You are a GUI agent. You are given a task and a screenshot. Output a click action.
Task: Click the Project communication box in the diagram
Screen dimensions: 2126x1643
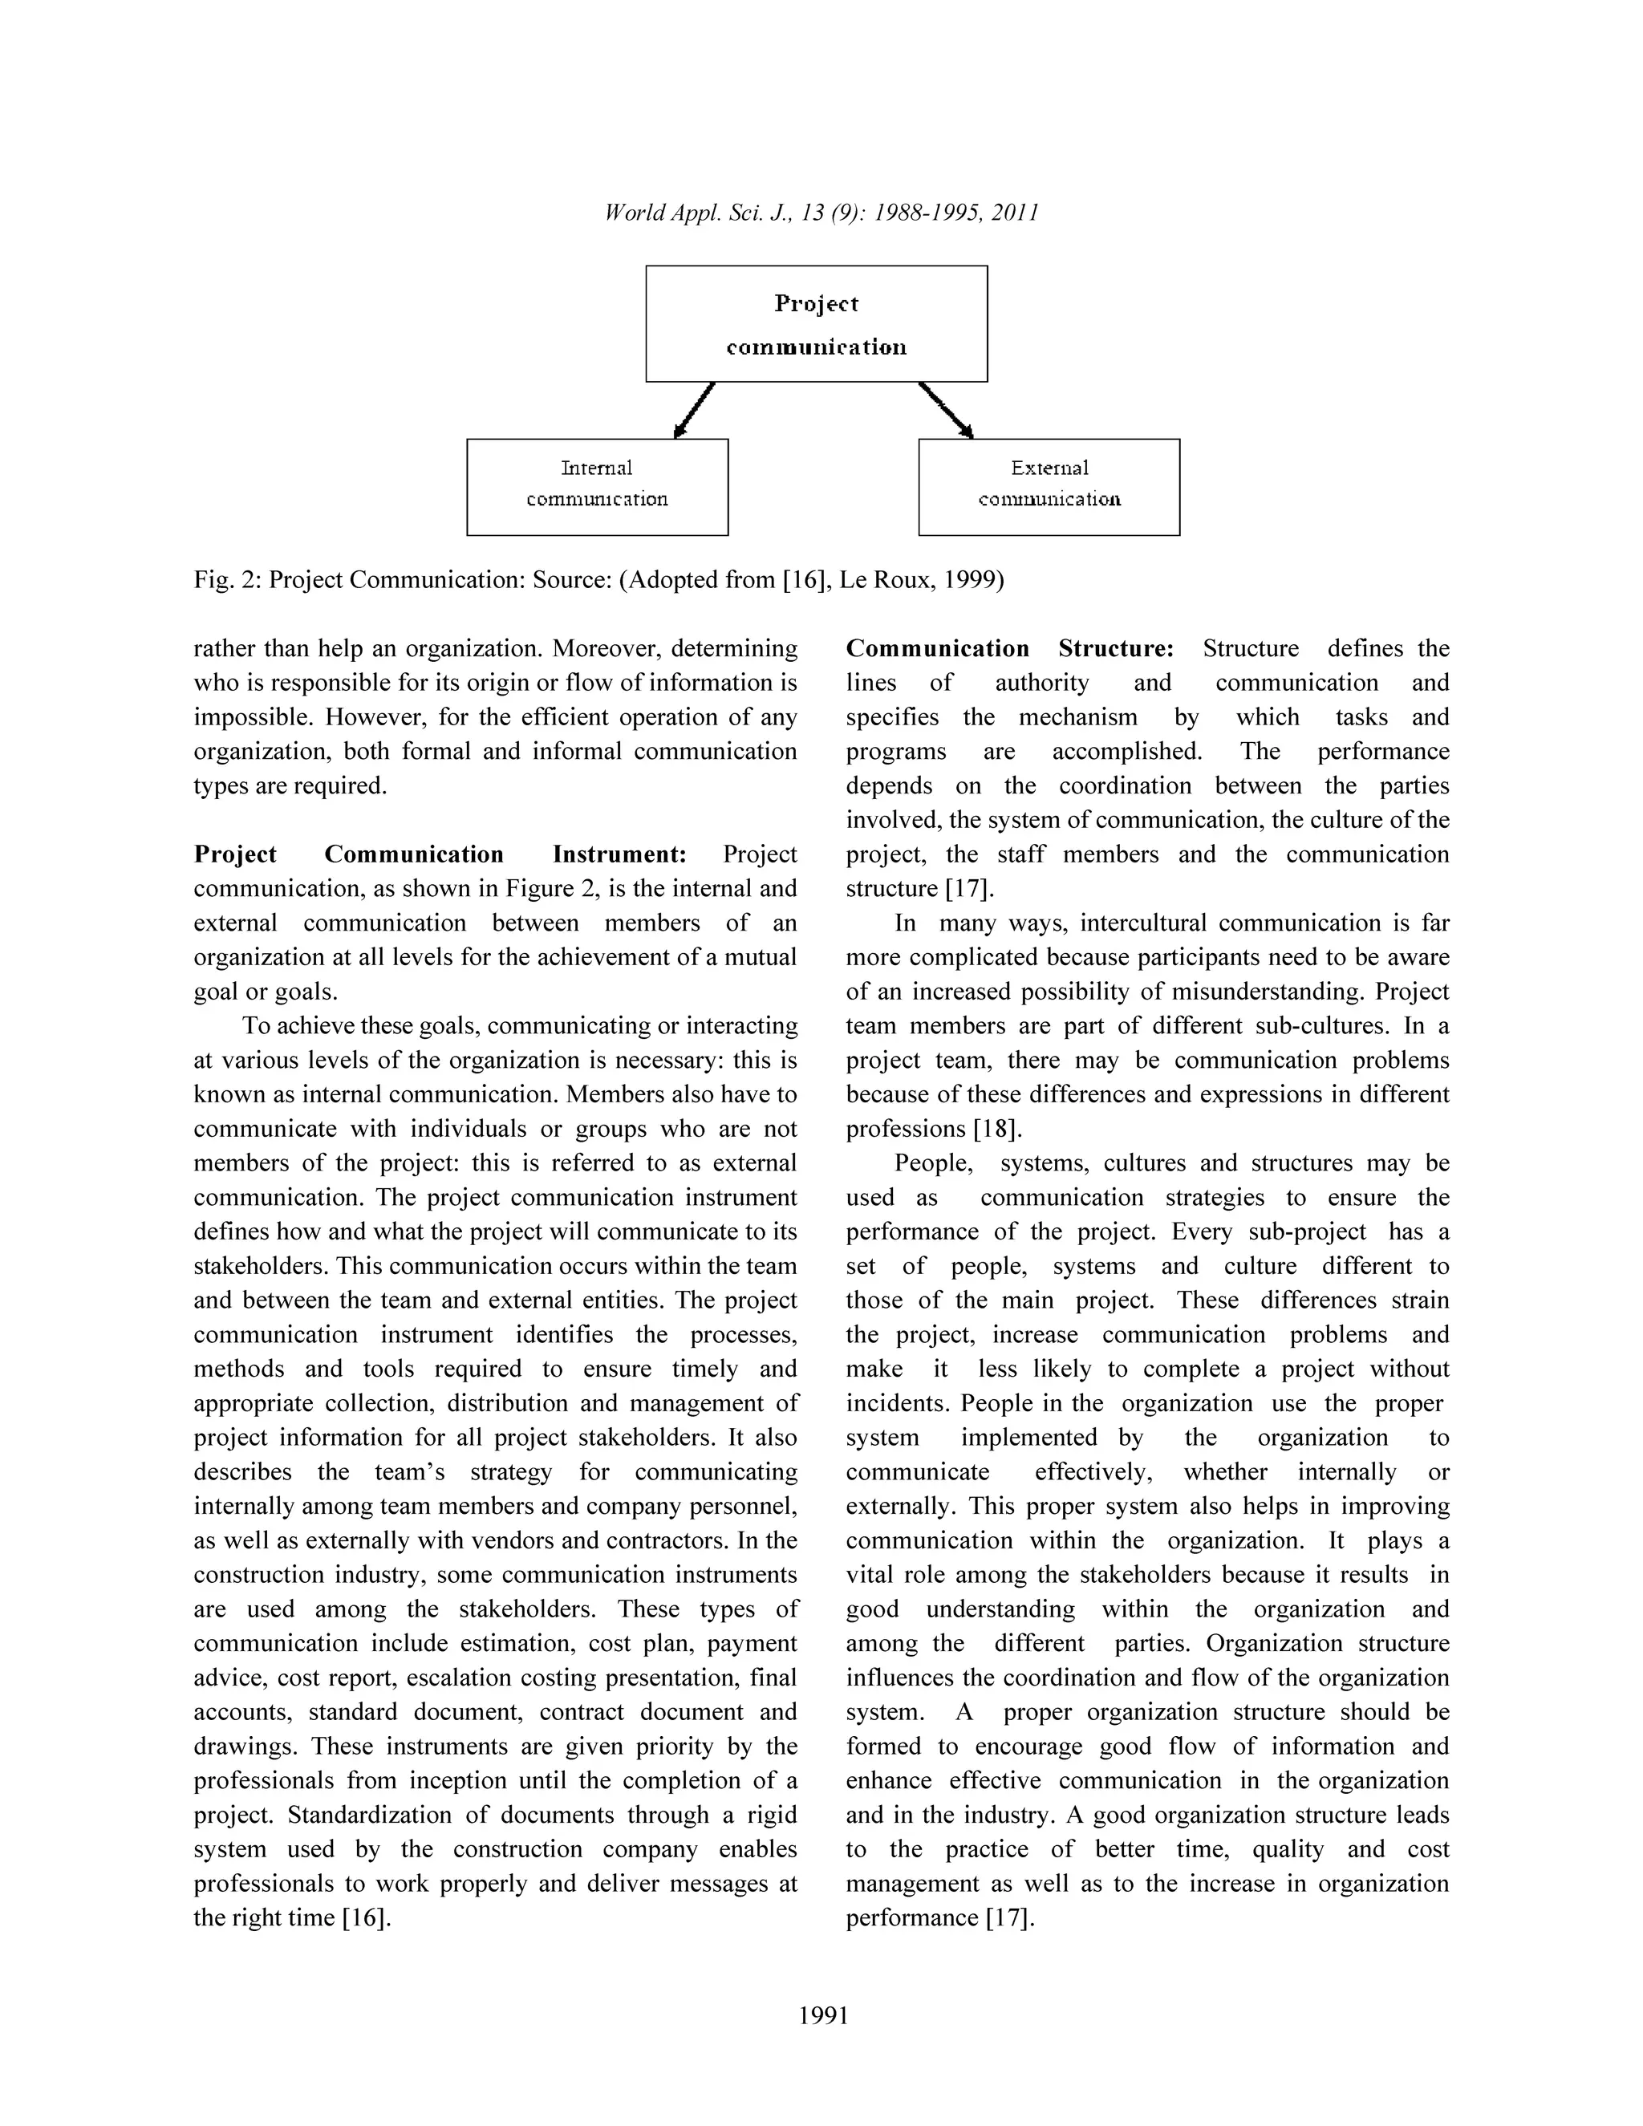pos(816,323)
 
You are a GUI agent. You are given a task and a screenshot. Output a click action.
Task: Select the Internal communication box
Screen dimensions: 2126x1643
pos(597,487)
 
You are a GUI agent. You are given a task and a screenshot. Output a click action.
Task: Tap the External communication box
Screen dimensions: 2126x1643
pos(1049,487)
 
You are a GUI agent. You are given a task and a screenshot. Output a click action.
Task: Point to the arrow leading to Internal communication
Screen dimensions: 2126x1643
pos(694,410)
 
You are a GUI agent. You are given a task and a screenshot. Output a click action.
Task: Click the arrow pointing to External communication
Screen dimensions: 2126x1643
pos(946,410)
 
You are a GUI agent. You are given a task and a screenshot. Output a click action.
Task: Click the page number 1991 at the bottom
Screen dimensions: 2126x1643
pos(822,2015)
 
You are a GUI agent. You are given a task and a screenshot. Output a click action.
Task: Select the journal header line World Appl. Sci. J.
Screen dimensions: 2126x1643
pos(821,213)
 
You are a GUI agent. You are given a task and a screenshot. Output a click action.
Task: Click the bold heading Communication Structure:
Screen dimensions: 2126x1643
pos(1009,648)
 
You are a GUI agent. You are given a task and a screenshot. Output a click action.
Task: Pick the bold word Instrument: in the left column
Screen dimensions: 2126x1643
pos(619,854)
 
